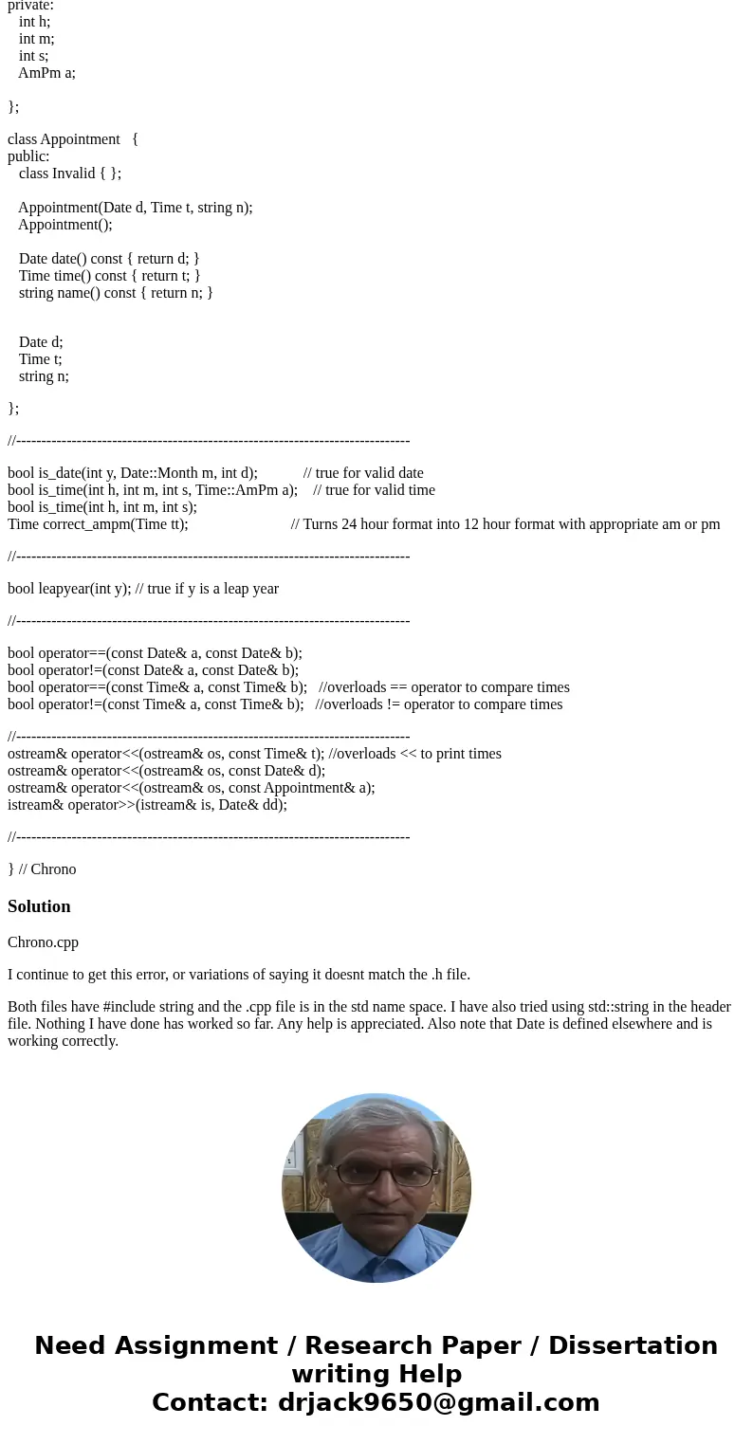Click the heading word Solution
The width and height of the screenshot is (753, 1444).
(x=39, y=906)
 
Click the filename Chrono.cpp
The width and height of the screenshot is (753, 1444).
(x=43, y=942)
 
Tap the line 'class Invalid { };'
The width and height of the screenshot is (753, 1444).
(x=70, y=174)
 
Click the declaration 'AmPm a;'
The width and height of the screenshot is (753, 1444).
(x=46, y=73)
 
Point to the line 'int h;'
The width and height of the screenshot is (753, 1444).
(x=34, y=22)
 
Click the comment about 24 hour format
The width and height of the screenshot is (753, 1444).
(x=505, y=524)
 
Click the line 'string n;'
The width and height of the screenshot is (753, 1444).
(x=44, y=376)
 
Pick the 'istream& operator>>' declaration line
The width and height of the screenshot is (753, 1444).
(x=147, y=805)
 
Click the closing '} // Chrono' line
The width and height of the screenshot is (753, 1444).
(x=42, y=869)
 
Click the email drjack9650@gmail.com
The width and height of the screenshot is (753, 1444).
(x=439, y=1402)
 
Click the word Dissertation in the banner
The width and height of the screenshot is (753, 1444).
(x=633, y=1345)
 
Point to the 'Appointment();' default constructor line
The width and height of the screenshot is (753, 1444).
(x=64, y=225)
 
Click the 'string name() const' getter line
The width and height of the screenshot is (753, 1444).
(x=116, y=293)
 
